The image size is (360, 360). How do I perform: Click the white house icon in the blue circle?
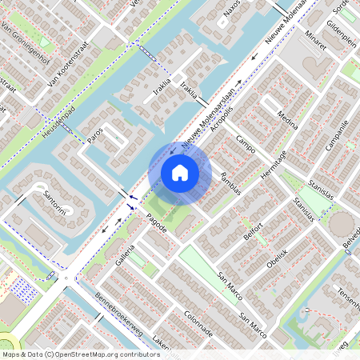[180, 173]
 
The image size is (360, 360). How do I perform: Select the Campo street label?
[246, 144]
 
